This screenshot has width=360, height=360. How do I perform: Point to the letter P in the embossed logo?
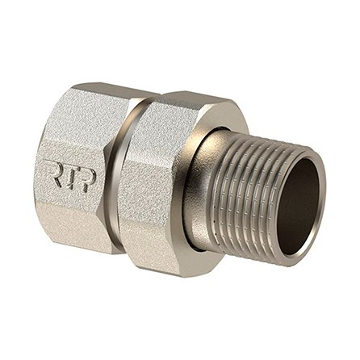tap(88, 180)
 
